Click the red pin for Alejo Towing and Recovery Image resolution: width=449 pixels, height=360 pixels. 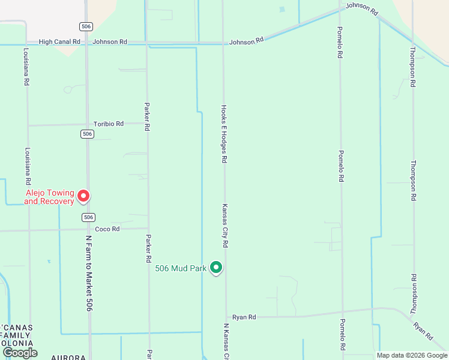(84, 196)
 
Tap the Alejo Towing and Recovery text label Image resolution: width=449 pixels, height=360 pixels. (49, 197)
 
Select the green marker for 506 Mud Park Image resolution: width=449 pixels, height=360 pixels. (216, 268)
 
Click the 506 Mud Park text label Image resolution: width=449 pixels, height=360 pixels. (181, 269)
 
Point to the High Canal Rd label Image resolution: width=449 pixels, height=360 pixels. (59, 42)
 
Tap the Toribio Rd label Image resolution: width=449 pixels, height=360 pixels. (109, 124)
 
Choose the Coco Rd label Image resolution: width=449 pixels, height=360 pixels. (107, 229)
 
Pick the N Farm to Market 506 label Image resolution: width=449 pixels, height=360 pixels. (89, 272)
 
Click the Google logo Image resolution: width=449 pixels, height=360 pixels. (19, 352)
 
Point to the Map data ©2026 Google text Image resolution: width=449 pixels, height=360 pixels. (411, 355)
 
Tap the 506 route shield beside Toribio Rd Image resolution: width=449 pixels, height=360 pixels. (88, 134)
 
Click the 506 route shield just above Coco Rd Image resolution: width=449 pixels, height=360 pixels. (88, 217)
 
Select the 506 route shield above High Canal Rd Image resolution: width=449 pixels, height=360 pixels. (86, 26)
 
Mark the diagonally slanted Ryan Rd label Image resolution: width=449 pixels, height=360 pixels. (423, 332)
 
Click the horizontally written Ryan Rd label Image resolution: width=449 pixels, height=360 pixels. (244, 317)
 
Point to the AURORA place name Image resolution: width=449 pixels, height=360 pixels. (68, 357)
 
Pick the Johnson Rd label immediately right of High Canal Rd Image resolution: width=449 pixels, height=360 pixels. (110, 42)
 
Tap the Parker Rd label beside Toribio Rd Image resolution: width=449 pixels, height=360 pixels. (147, 116)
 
